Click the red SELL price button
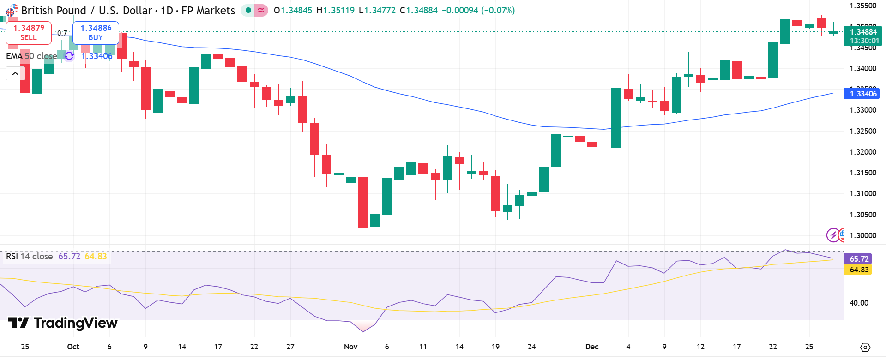coord(29,33)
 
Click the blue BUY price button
coord(96,33)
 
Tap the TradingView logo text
coord(63,323)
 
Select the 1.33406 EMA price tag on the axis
coord(862,94)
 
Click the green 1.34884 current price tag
coord(862,36)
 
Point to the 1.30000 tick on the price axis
coord(862,235)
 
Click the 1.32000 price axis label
coord(862,152)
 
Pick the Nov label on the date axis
coord(351,347)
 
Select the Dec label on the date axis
coord(591,347)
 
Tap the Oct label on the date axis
coord(73,347)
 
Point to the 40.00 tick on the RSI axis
coord(859,303)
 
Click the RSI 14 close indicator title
coord(30,256)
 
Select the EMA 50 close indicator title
coord(31,56)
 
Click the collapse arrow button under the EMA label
coord(15,73)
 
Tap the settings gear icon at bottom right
coord(865,347)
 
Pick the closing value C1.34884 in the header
coord(418,10)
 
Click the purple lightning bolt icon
coord(833,235)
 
